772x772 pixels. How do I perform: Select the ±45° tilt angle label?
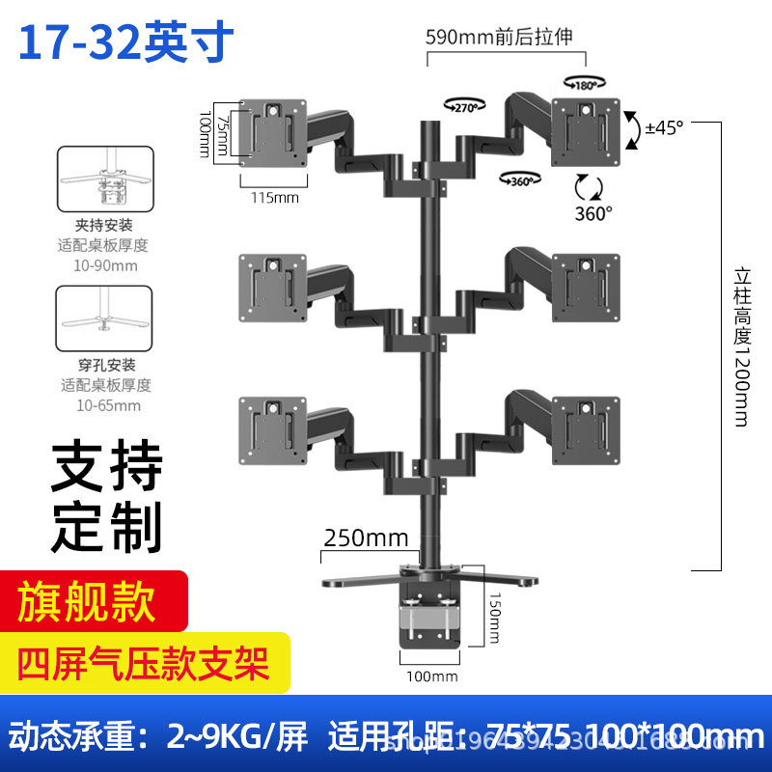pyautogui.click(x=664, y=127)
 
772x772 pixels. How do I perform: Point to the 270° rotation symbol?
pyautogui.click(x=461, y=105)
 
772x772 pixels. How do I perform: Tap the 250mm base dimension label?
pyautogui.click(x=367, y=538)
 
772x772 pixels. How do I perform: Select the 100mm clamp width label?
pyautogui.click(x=431, y=676)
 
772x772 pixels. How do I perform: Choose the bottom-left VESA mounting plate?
pyautogui.click(x=273, y=424)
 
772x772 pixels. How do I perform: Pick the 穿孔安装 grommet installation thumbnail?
pyautogui.click(x=105, y=317)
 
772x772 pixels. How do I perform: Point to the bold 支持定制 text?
pyautogui.click(x=106, y=496)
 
